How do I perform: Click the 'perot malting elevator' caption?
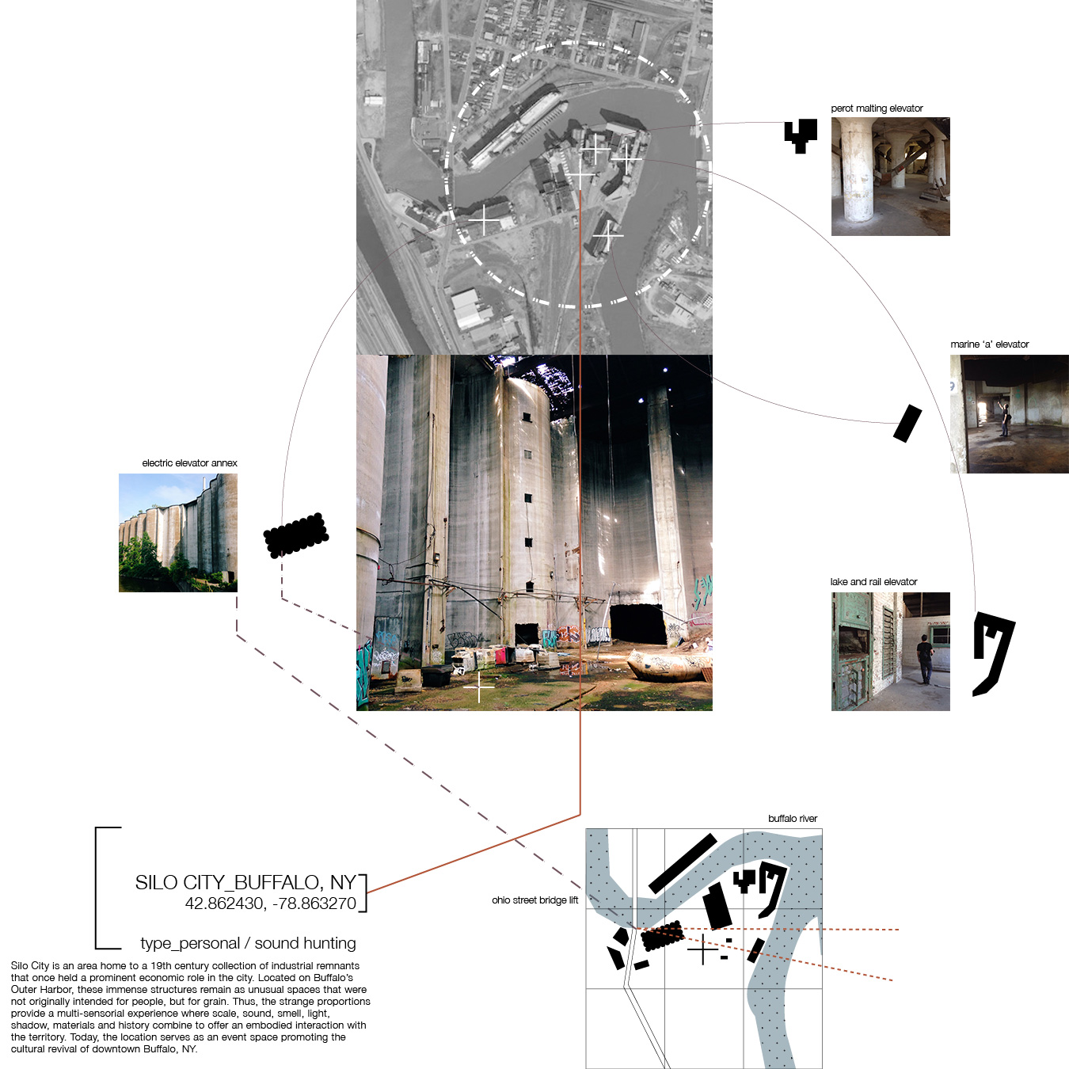coord(877,108)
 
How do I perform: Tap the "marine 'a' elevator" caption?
coord(989,344)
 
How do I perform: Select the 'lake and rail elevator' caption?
coord(873,581)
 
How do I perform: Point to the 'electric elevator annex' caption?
coord(190,462)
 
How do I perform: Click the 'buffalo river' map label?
coord(792,818)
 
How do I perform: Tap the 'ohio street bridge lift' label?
coord(534,900)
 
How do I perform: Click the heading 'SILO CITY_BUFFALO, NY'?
coord(245,882)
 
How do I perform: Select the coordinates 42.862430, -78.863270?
coord(271,904)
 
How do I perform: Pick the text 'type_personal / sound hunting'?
coord(248,943)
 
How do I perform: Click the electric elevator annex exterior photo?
coord(178,533)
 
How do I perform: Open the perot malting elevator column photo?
coord(890,177)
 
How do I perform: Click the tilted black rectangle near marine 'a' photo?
coord(907,424)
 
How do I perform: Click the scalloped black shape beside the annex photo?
coord(295,535)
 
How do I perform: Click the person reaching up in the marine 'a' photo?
coord(1004,417)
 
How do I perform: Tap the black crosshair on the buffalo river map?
coord(703,949)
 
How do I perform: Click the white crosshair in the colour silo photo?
coord(479,687)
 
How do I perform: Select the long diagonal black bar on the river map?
coord(683,863)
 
